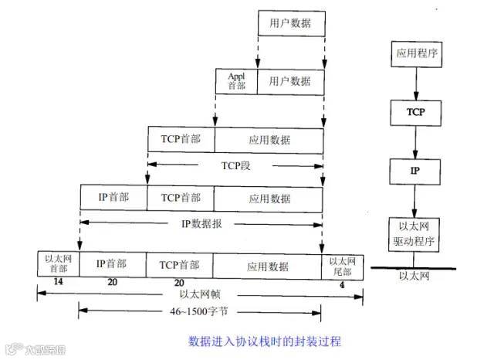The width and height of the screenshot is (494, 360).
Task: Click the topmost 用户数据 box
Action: click(290, 24)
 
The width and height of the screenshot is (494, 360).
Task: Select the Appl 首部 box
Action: click(235, 80)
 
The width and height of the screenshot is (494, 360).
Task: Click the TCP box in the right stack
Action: click(415, 113)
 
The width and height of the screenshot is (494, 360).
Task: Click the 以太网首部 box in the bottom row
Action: click(57, 263)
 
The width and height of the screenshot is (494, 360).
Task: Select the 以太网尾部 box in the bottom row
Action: click(340, 265)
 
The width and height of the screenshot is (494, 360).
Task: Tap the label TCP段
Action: click(235, 165)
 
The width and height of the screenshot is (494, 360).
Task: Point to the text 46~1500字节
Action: click(200, 312)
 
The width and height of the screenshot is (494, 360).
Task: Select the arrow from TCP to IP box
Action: click(415, 141)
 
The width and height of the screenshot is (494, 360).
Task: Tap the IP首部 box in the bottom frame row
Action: click(112, 263)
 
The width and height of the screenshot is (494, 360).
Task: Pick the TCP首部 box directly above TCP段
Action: click(181, 140)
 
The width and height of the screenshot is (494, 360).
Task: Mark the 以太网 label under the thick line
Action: click(413, 276)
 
